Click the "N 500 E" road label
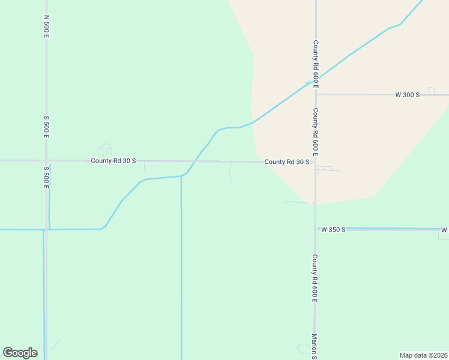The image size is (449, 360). coord(46,28)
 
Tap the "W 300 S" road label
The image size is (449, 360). coord(407,95)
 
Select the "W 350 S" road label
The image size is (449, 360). coord(333,229)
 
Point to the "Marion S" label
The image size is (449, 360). coord(314,347)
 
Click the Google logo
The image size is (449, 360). coord(20,353)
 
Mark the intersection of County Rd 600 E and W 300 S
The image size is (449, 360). coord(315,94)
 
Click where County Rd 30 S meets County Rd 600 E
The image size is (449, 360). coord(315,161)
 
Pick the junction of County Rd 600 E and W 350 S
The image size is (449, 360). coord(315,229)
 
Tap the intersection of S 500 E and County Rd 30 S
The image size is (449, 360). coord(46,161)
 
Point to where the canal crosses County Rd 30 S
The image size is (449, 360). coord(194,161)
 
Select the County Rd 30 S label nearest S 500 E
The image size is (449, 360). coord(113,161)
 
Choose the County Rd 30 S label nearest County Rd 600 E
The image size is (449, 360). coord(287,161)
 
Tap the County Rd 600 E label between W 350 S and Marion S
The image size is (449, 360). coord(315,278)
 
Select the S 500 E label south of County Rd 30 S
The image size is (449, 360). coord(46,178)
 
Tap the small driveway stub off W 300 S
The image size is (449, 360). coord(431,90)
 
